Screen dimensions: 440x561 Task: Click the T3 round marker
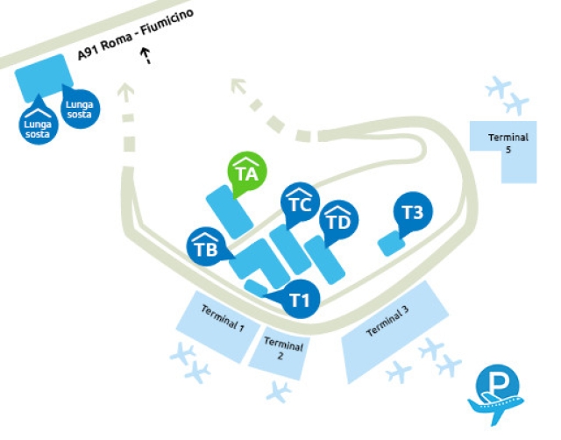tap(412, 211)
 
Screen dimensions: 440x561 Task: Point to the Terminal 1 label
tap(223, 320)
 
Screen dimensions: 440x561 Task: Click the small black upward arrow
tap(146, 56)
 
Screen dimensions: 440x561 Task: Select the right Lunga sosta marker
tap(79, 108)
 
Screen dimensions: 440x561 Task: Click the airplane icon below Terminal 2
tap(280, 392)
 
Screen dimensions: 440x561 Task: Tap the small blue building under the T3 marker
tap(390, 244)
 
